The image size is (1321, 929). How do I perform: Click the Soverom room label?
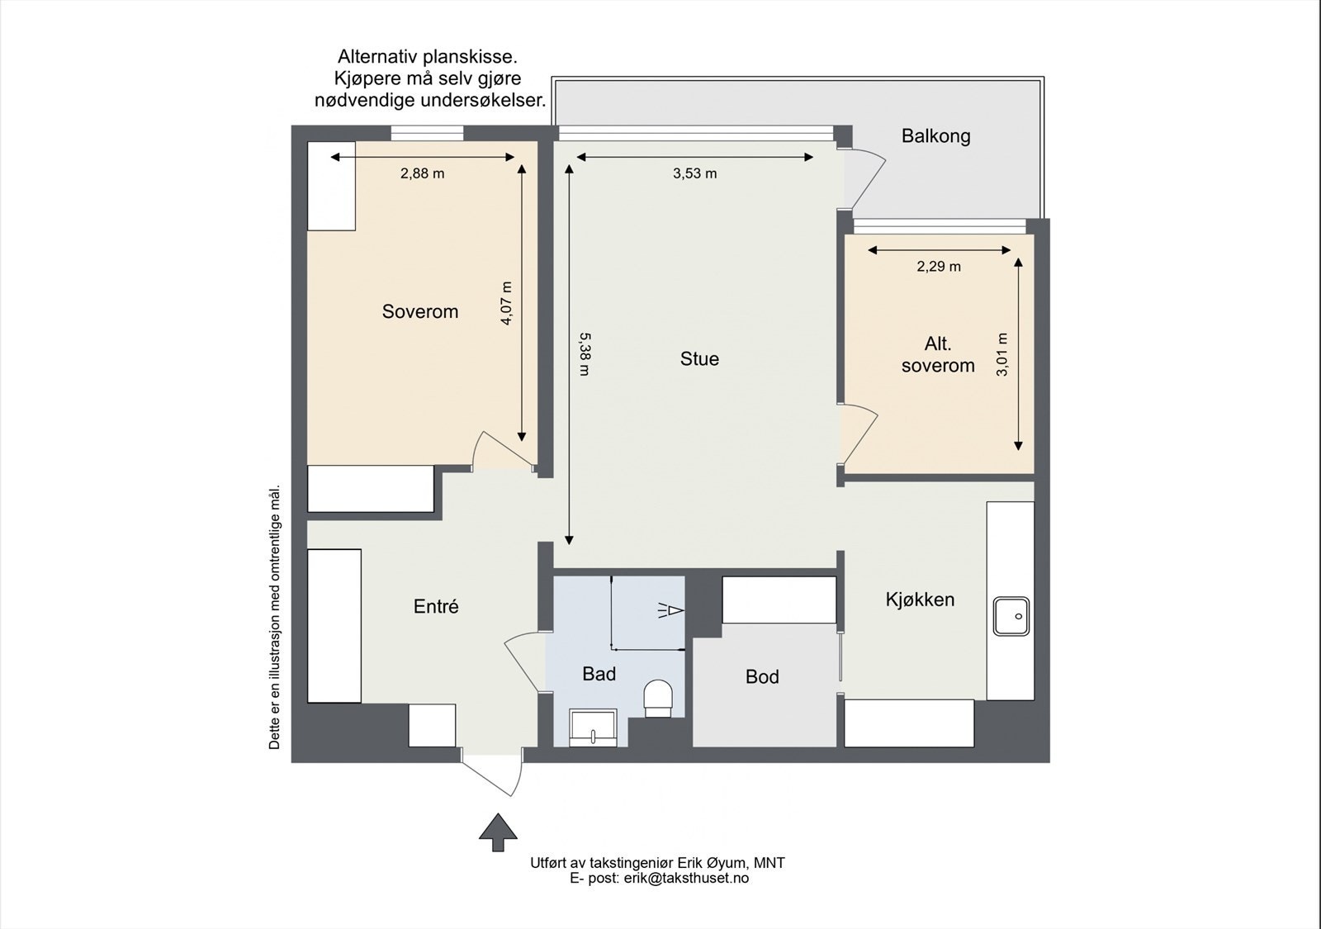click(x=419, y=311)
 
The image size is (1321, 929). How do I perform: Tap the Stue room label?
click(x=699, y=358)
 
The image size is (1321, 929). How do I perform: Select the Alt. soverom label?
click(x=938, y=355)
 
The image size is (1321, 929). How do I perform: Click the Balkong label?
click(x=935, y=136)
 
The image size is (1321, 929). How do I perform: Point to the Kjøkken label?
click(x=920, y=600)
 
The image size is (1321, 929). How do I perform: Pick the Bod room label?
click(x=762, y=677)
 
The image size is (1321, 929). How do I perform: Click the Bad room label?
click(x=599, y=674)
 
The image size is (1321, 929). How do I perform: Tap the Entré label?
click(x=436, y=607)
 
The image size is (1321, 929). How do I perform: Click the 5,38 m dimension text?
click(x=585, y=354)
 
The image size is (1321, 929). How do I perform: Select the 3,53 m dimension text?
click(x=694, y=173)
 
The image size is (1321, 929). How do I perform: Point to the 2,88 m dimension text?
click(x=422, y=173)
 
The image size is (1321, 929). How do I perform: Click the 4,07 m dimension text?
click(x=506, y=303)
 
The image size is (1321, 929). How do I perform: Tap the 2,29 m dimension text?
click(x=939, y=267)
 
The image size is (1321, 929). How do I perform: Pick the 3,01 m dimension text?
click(x=1002, y=354)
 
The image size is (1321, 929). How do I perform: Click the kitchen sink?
click(x=1011, y=616)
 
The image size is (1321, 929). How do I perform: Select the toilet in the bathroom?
click(x=658, y=699)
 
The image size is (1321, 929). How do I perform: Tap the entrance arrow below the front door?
click(x=498, y=832)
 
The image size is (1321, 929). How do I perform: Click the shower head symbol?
click(x=671, y=611)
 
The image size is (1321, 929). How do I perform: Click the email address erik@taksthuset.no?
click(x=686, y=879)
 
